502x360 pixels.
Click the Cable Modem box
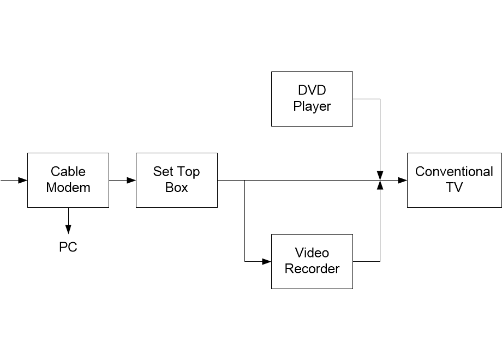[x=68, y=180]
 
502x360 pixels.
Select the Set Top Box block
[x=177, y=180]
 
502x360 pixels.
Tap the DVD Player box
[x=312, y=99]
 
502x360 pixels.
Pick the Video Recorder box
[x=312, y=261]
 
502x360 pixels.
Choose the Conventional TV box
[x=455, y=180]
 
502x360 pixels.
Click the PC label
[x=68, y=247]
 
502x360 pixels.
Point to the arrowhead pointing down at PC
[x=68, y=229]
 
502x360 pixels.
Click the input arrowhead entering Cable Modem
[x=23, y=180]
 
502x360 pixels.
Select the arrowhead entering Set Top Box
[x=132, y=180]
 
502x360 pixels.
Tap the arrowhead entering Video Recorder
[x=267, y=261]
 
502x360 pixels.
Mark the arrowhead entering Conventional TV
[x=403, y=180]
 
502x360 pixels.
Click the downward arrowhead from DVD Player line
[x=380, y=176]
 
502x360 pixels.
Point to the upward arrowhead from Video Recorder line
[x=380, y=185]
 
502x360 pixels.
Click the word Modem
[x=68, y=188]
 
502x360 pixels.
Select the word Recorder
[x=312, y=269]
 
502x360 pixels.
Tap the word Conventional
[x=455, y=172]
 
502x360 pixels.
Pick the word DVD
[x=312, y=90]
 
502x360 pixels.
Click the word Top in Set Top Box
[x=188, y=172]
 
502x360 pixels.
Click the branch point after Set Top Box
[x=245, y=180]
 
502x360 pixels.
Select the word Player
[x=312, y=106]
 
